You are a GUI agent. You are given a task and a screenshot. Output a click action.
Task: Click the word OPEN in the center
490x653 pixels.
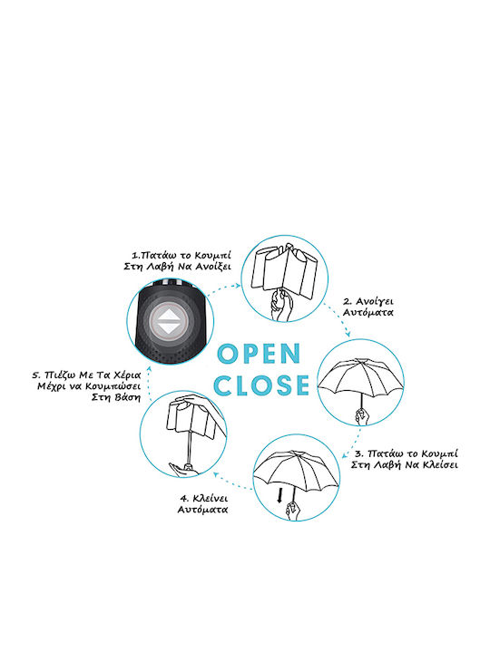click(259, 354)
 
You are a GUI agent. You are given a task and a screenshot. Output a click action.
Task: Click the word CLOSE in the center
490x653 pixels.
click(261, 385)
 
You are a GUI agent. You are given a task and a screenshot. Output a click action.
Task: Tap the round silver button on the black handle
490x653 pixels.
click(170, 321)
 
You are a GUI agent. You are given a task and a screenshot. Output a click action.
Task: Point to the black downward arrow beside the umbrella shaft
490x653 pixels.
click(280, 495)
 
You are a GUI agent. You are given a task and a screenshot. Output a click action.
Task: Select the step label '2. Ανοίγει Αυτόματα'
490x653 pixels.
click(367, 307)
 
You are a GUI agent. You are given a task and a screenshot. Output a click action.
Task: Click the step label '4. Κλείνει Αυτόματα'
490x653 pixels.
click(203, 504)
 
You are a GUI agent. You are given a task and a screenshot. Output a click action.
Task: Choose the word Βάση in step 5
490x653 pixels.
click(128, 397)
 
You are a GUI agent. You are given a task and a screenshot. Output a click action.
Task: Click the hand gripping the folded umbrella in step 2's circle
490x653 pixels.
click(281, 306)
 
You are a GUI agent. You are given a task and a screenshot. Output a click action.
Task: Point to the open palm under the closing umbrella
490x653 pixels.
click(183, 470)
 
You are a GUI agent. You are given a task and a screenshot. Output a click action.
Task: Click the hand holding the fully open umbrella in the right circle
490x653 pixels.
click(362, 417)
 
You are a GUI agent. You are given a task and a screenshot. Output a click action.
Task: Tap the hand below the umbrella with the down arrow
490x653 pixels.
click(293, 511)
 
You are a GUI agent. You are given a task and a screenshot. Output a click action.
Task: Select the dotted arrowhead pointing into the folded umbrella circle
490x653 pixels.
click(238, 286)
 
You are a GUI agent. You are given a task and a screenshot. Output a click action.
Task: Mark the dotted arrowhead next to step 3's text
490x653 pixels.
click(346, 455)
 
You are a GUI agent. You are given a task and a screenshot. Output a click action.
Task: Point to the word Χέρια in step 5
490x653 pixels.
click(127, 375)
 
